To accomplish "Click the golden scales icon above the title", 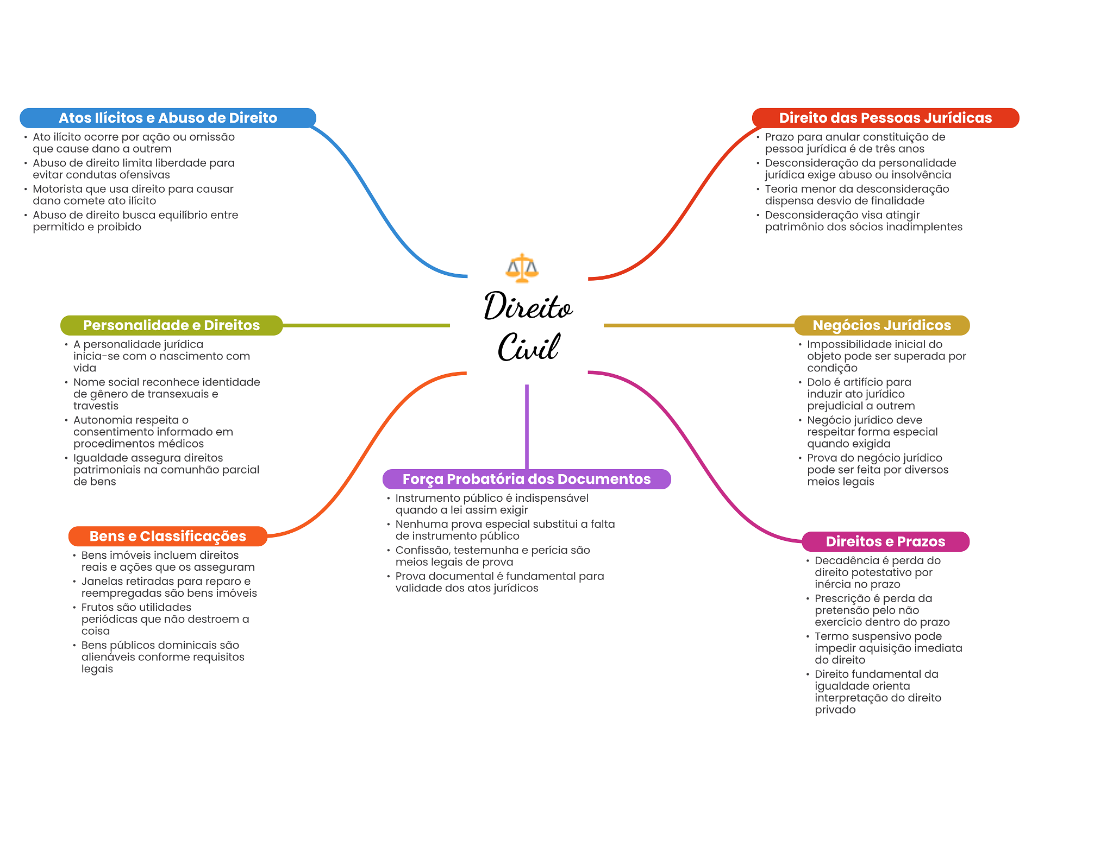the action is (522, 268).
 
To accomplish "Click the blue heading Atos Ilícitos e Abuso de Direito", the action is (168, 118).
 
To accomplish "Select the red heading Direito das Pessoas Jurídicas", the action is (885, 118).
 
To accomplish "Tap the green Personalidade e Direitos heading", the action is (171, 325).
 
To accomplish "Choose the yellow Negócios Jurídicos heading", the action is (881, 325).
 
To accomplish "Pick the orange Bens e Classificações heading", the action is (168, 536).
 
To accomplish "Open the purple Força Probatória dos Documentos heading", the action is (527, 479).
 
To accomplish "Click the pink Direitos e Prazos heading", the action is (885, 541).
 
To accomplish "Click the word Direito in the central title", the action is (528, 306).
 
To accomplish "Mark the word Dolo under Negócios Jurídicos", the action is (819, 382).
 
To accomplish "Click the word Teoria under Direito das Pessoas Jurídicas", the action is (781, 189).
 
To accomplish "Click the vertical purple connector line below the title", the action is (527, 427).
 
